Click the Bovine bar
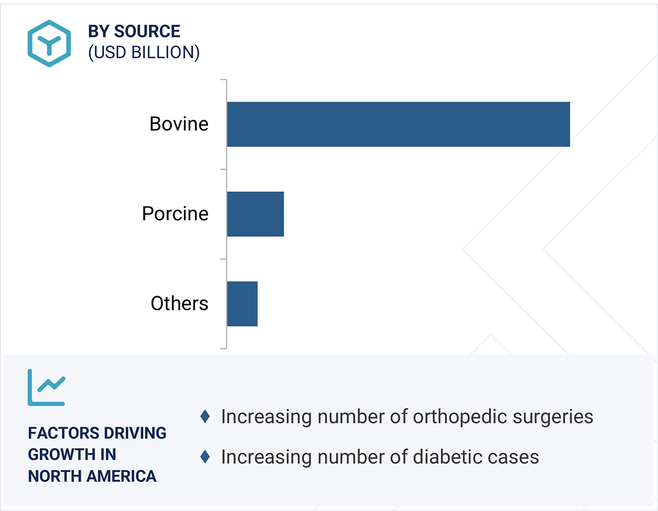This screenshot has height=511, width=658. [398, 124]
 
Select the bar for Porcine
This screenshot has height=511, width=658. [255, 214]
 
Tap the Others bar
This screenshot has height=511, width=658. [242, 304]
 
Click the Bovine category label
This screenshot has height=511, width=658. [179, 124]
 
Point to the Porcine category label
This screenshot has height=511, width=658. [175, 214]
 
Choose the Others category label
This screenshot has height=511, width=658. [179, 304]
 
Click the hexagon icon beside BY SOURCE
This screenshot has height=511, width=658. [49, 43]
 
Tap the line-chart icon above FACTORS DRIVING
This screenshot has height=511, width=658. [47, 387]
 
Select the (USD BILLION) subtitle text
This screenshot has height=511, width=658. [144, 52]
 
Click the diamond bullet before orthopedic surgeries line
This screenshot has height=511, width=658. [205, 417]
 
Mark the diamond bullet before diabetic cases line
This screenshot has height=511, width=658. [205, 456]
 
